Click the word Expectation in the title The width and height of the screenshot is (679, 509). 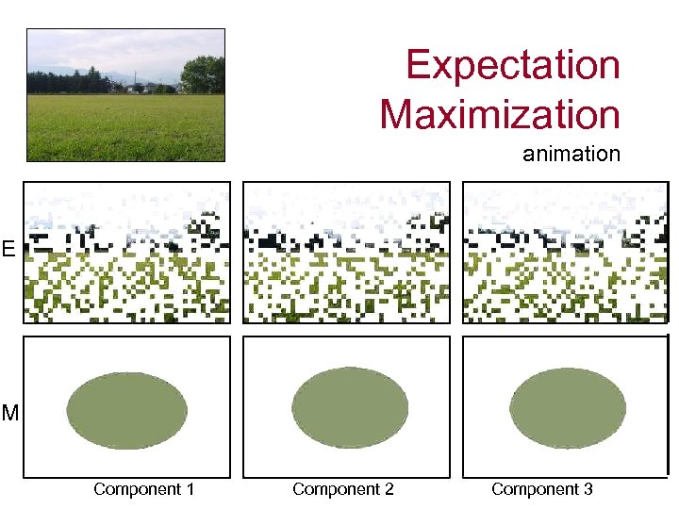(x=513, y=66)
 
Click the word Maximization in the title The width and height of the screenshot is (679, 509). (x=500, y=115)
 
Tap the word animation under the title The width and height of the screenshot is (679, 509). (x=571, y=154)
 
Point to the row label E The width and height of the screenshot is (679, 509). (x=8, y=250)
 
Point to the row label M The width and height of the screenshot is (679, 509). (x=9, y=413)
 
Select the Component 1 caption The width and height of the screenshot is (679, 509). (x=143, y=489)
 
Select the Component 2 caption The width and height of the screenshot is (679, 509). (x=342, y=489)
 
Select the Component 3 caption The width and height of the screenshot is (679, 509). (x=541, y=489)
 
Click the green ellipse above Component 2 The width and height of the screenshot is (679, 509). (x=350, y=407)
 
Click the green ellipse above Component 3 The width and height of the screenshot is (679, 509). (x=568, y=407)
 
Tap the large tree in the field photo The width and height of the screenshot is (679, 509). (x=202, y=74)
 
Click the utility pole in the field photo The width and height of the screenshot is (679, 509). (x=133, y=80)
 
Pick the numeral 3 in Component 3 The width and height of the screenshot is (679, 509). (x=588, y=489)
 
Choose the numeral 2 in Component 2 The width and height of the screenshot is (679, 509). (x=389, y=489)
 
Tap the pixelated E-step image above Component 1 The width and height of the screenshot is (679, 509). (x=126, y=252)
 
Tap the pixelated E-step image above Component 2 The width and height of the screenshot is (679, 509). (x=346, y=252)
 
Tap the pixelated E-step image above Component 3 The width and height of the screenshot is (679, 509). (x=564, y=252)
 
